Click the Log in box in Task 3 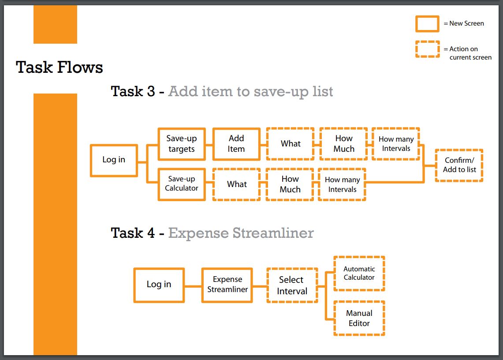click(114, 161)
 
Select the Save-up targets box click(182, 144)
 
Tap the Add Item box click(236, 144)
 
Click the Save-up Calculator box click(182, 184)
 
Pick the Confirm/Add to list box click(459, 165)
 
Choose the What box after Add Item click(291, 144)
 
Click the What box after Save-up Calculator click(236, 184)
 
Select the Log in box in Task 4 click(159, 285)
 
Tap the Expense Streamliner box click(227, 285)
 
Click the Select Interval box click(292, 285)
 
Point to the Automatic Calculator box click(359, 274)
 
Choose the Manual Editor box click(359, 318)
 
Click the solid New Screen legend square click(427, 24)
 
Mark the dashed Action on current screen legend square click(427, 49)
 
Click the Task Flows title click(60, 67)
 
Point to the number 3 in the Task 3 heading click(151, 91)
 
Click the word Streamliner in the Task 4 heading click(273, 233)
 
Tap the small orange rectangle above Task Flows click(55, 24)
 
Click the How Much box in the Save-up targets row click(343, 144)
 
